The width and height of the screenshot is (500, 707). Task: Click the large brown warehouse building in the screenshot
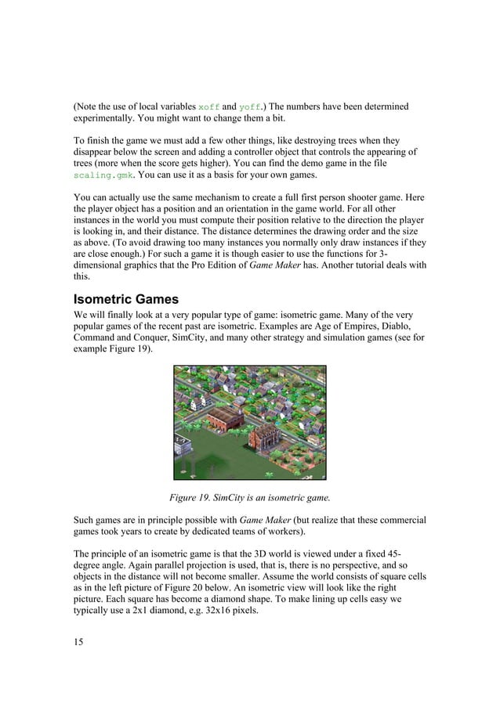[x=226, y=422]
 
